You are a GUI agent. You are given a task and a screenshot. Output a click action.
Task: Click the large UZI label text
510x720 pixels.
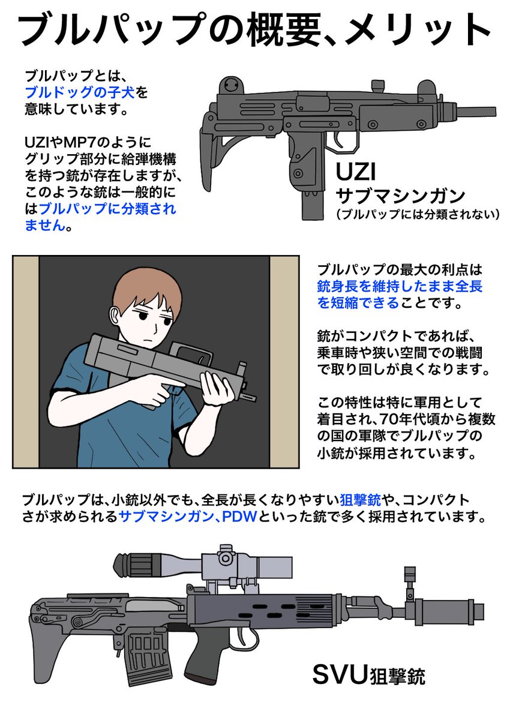(356, 173)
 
